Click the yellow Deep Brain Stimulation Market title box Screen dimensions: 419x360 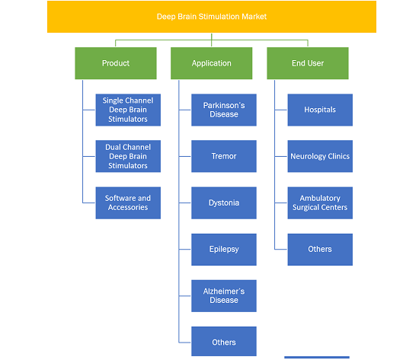pos(212,17)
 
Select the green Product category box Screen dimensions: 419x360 pos(116,63)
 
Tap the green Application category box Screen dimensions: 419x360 pos(211,63)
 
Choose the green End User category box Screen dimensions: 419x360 pos(308,63)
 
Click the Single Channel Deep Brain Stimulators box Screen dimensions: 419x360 pos(128,110)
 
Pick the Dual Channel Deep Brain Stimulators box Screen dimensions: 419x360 pos(128,156)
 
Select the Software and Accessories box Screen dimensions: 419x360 pos(128,203)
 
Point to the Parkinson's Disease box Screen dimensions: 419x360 pos(224,110)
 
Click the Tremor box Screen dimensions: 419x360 pos(224,156)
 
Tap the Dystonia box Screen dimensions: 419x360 pos(224,203)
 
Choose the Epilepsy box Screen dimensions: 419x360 pos(224,250)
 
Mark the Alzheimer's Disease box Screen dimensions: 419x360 pos(224,296)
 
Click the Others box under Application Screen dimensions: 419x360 pos(224,341)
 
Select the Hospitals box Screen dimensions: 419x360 pos(320,110)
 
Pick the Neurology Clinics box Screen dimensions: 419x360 pos(320,156)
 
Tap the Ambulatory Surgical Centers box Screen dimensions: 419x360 pos(320,203)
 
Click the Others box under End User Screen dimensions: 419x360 pos(320,250)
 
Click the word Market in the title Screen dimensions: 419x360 pos(254,17)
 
